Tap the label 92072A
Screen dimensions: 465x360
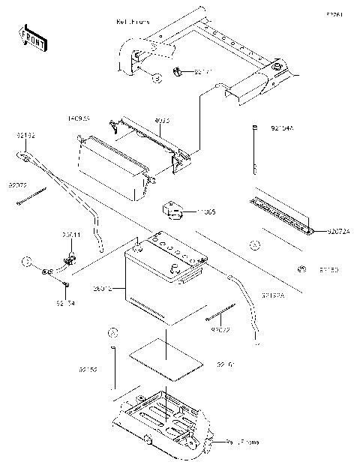pos(338,232)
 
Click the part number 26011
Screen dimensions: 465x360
pos(72,234)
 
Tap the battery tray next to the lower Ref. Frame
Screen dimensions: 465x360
pos(161,420)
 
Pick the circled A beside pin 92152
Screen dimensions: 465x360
pos(112,331)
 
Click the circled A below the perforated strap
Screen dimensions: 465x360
pos(254,245)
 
